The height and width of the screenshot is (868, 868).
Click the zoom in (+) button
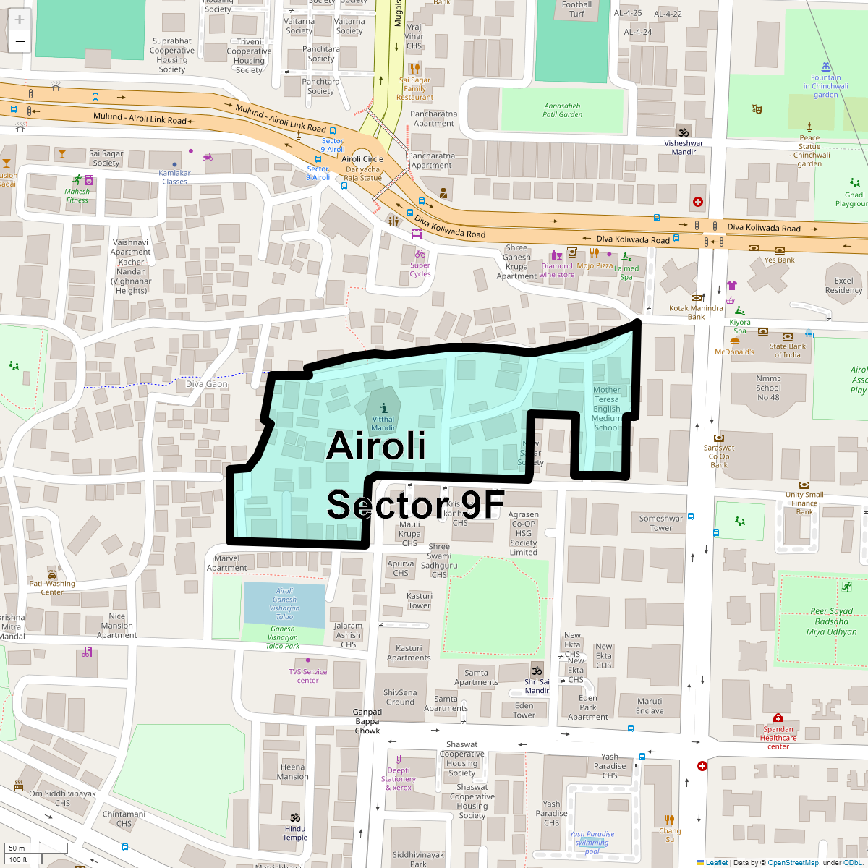point(20,20)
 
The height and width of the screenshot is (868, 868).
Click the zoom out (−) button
point(20,41)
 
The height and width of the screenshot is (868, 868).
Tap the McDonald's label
point(734,352)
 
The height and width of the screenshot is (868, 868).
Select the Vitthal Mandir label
point(383,423)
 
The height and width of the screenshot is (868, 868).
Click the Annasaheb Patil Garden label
point(562,110)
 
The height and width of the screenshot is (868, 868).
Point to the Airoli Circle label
point(362,159)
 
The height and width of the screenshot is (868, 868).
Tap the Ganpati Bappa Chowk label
point(367,721)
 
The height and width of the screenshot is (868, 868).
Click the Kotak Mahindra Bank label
point(696,312)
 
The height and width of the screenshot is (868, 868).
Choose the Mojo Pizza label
point(595,265)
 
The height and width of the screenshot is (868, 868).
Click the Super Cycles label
point(420,269)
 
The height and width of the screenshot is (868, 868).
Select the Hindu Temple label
point(295,833)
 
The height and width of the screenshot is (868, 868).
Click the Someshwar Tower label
point(661,523)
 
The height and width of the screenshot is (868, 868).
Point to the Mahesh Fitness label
point(77,196)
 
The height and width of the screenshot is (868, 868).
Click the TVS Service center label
point(308,676)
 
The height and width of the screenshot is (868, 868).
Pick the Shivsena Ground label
point(400,697)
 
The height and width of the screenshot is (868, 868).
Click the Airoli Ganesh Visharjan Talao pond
point(284,605)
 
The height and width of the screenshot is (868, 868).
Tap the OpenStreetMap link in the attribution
point(793,862)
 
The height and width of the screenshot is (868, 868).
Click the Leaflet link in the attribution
point(716,862)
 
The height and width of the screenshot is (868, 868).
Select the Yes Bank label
point(779,260)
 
